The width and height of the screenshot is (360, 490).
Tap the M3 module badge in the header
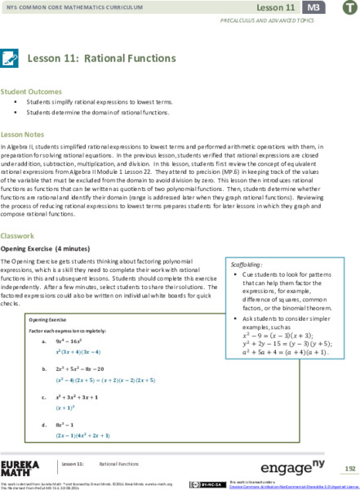[311, 7]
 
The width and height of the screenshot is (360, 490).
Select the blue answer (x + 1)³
[68, 406]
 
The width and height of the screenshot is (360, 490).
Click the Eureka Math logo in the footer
[20, 469]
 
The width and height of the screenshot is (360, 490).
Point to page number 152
[349, 469]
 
